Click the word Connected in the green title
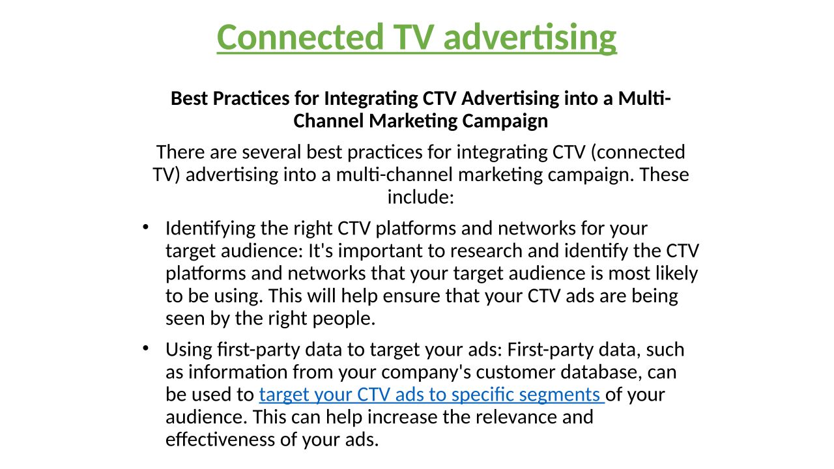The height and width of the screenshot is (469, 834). [x=300, y=37]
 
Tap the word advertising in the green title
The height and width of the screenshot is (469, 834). [x=530, y=38]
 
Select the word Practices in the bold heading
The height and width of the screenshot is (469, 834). [x=251, y=99]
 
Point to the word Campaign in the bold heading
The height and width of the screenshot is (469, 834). [x=505, y=122]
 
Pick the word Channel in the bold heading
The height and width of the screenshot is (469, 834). [x=328, y=121]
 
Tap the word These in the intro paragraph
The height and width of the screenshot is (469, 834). [x=664, y=175]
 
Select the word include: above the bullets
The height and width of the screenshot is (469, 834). [x=421, y=197]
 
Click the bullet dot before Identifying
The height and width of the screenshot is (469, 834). [x=145, y=227]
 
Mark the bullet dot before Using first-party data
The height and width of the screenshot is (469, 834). [x=145, y=348]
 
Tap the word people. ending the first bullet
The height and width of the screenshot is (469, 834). [x=343, y=319]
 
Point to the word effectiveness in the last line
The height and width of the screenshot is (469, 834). [x=220, y=440]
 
